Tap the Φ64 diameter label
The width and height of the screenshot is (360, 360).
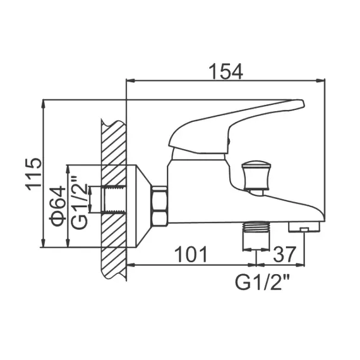point(57,206)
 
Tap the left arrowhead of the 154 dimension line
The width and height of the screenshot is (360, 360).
point(130,81)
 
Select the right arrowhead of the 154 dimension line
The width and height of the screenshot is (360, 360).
point(323,81)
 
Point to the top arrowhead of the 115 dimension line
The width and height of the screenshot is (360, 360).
point(43,103)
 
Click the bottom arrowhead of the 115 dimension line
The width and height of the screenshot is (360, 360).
point(43,246)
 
